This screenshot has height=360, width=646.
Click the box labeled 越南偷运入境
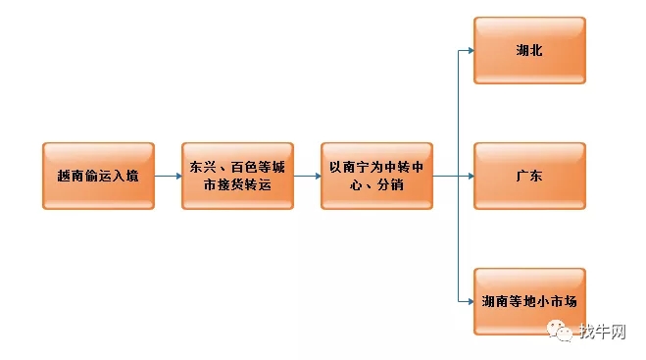98,177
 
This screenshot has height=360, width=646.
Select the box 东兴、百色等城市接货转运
237,177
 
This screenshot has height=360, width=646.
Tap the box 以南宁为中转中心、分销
376,177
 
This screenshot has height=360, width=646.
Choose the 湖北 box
529,50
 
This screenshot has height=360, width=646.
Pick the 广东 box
529,177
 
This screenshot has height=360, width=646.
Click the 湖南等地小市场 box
529,301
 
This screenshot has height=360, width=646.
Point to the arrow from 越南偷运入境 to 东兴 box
168,177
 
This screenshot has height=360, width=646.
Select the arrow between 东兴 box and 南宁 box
307,177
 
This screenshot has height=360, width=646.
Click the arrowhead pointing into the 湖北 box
471,50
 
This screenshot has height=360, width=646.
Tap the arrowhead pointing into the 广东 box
471,177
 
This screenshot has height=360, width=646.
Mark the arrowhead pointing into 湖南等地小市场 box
471,301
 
